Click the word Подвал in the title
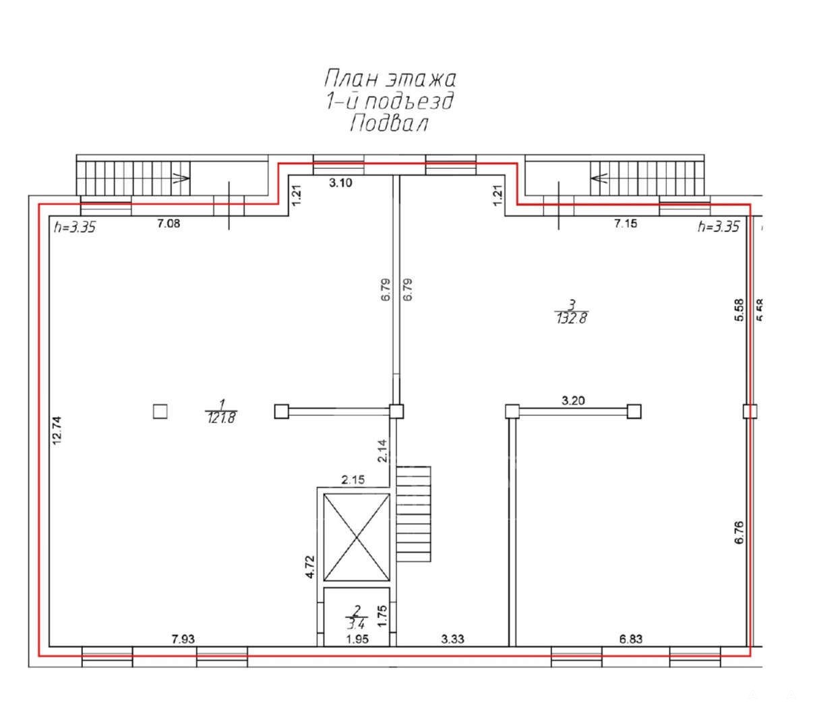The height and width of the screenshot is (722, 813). [389, 123]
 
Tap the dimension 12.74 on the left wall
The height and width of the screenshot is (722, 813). [57, 430]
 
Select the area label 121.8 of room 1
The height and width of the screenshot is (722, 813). [221, 418]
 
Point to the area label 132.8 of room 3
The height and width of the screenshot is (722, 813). [572, 318]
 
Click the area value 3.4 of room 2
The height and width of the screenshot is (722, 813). [356, 624]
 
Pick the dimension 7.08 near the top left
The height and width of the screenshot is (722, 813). [169, 223]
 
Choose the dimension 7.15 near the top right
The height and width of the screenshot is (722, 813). [626, 223]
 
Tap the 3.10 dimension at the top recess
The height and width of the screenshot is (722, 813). [340, 183]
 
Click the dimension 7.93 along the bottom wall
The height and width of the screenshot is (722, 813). [183, 639]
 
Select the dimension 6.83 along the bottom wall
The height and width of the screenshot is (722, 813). [631, 639]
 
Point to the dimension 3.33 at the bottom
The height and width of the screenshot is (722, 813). [452, 639]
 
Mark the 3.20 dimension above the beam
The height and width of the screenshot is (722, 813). [573, 401]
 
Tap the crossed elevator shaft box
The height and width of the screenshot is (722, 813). [357, 537]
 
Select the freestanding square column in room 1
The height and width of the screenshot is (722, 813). [160, 412]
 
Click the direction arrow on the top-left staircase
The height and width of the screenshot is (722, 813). [181, 178]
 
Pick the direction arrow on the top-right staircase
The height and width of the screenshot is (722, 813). [599, 178]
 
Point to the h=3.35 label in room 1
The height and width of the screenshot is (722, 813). [75, 227]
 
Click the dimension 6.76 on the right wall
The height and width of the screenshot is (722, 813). [739, 532]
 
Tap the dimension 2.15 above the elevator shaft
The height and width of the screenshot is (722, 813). [353, 480]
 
